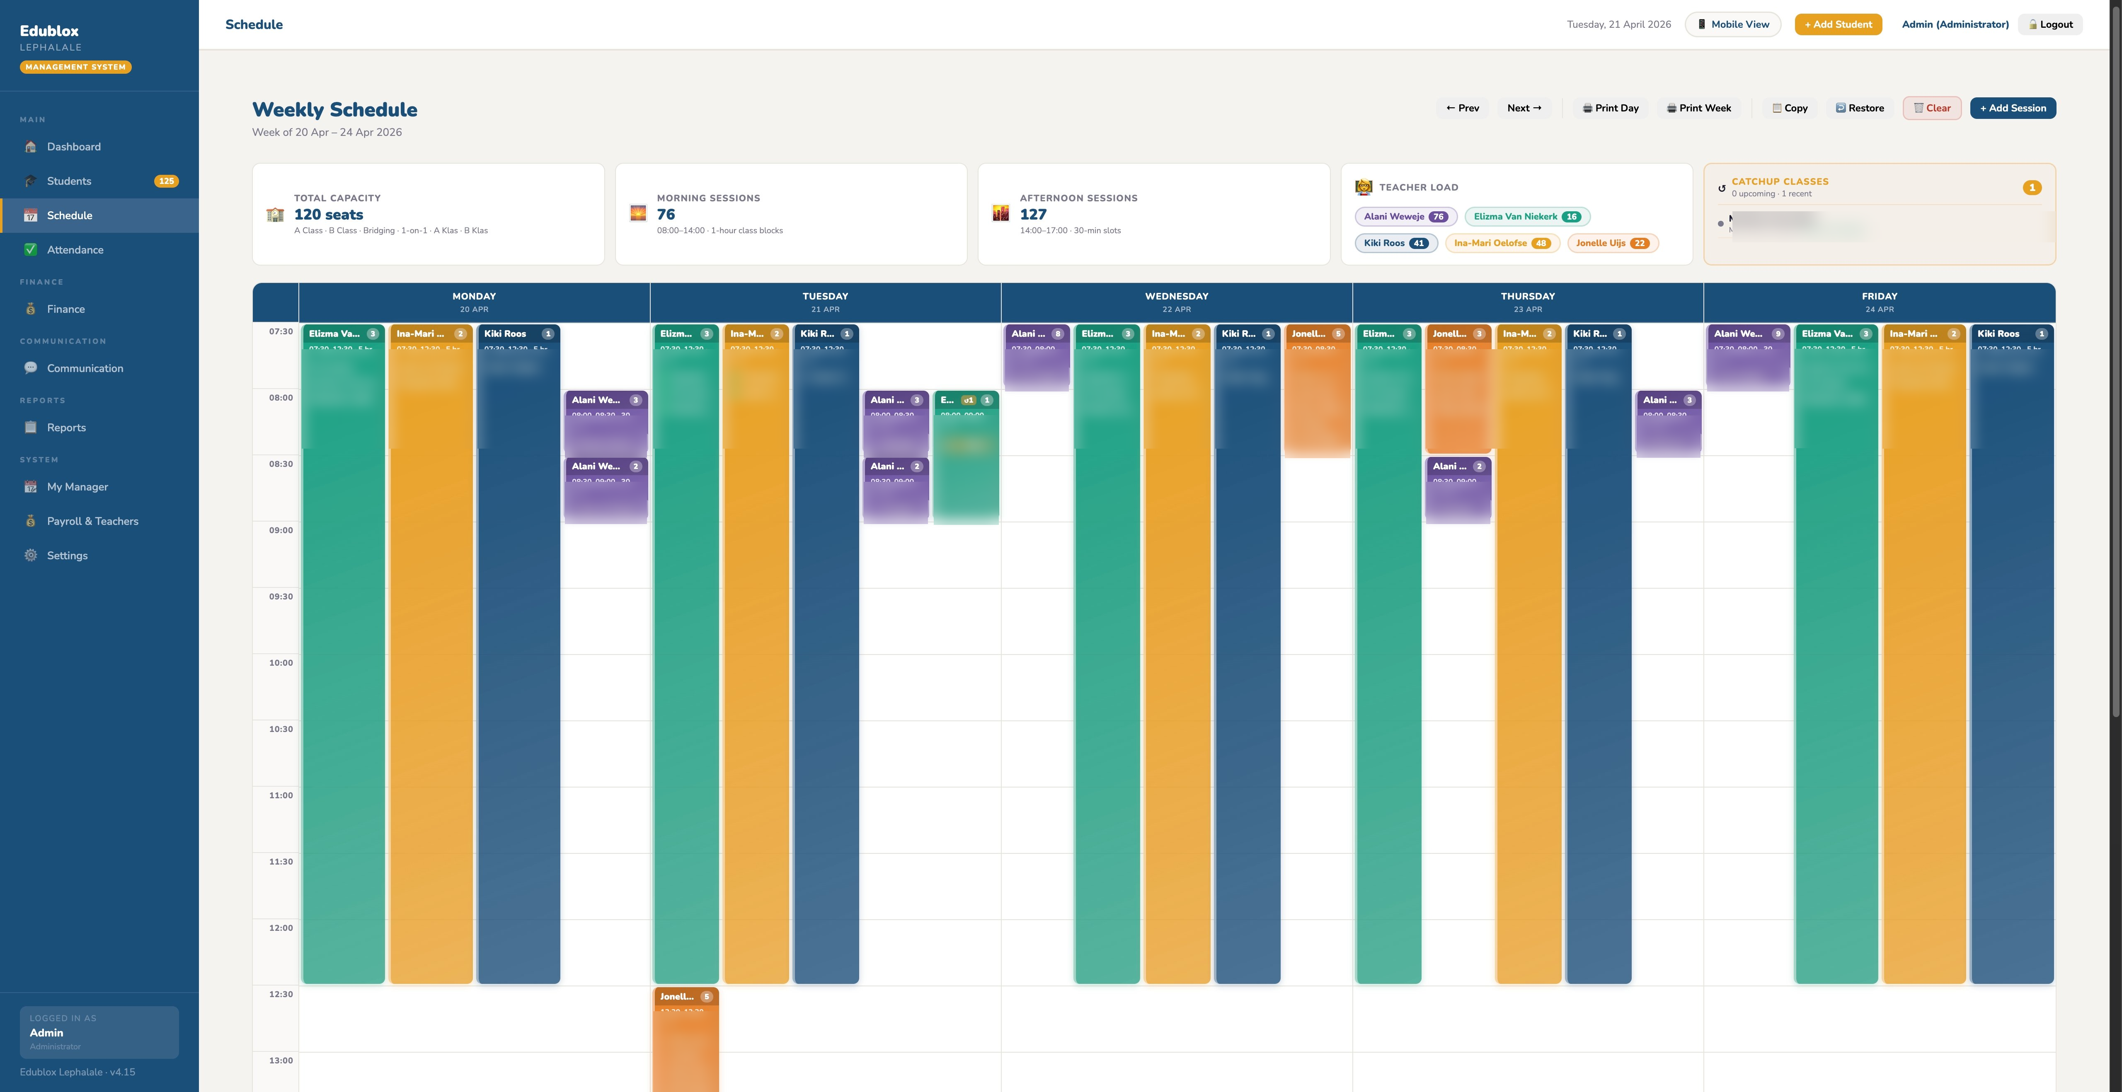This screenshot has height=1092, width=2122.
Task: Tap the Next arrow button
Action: [1523, 108]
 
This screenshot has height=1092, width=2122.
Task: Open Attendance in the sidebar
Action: [75, 249]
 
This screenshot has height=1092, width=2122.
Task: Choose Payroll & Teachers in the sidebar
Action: [92, 521]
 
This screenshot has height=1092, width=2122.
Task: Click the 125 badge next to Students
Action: [166, 181]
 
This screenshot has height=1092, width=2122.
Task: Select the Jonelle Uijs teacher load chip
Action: [1611, 243]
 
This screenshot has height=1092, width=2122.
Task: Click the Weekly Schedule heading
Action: [334, 109]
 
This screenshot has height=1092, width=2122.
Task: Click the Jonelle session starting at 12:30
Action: [686, 1038]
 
